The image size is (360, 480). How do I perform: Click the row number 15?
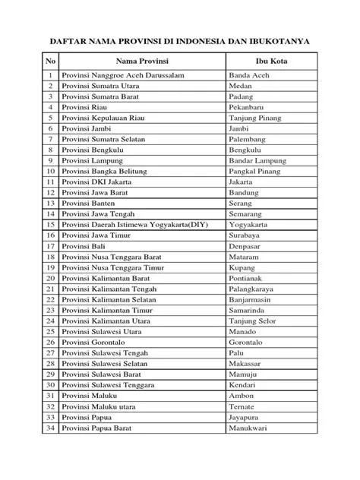tap(50, 225)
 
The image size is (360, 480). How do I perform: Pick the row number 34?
tap(50, 429)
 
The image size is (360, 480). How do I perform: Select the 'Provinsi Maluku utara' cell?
tap(100, 407)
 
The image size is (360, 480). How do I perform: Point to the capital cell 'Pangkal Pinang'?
tap(254, 172)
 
